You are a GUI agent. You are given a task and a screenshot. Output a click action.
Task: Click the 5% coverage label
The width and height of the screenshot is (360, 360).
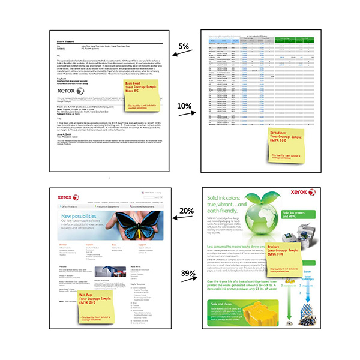[184, 46]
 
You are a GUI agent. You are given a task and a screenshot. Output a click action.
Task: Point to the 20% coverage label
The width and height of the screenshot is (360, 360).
[186, 211]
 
